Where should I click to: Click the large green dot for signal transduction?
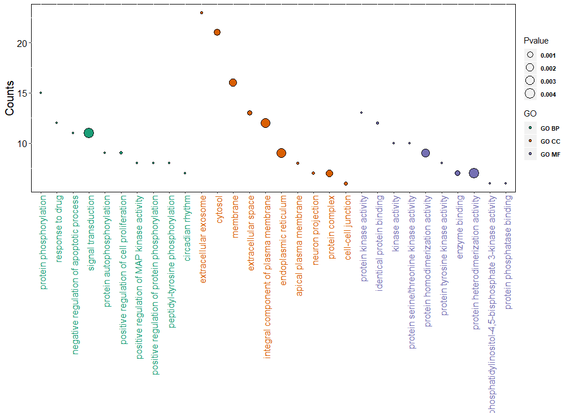point(88,133)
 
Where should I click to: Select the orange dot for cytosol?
point(217,32)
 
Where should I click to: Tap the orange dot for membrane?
point(232,83)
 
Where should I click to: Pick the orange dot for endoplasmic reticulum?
point(281,153)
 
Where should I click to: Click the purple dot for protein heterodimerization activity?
point(474,173)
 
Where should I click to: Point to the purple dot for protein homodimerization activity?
point(426,153)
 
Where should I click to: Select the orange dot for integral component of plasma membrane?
point(265,123)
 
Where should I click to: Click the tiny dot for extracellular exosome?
point(201,12)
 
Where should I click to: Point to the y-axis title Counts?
point(10,98)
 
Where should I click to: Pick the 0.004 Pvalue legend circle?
point(530,94)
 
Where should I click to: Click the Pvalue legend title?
point(536,41)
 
